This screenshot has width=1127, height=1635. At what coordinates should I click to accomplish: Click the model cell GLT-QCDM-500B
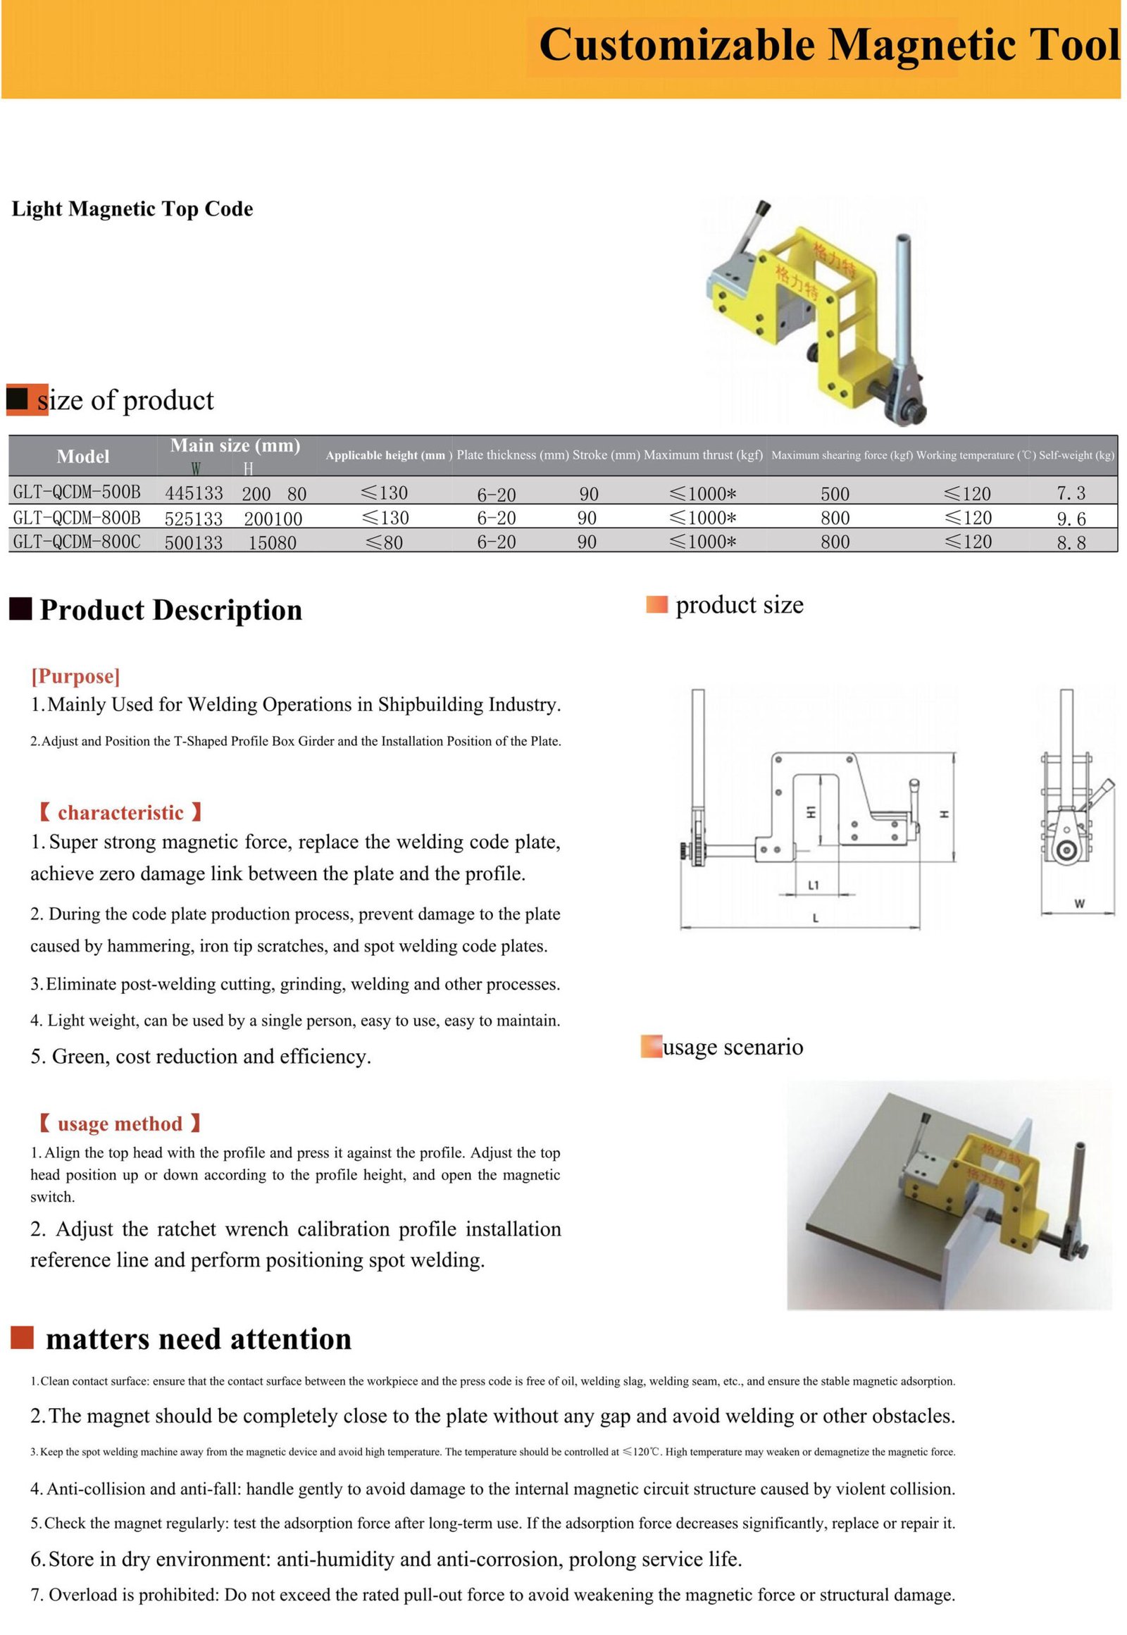tap(76, 492)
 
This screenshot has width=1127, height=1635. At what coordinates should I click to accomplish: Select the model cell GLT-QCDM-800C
tap(76, 542)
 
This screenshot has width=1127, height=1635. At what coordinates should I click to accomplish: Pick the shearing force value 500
tap(835, 494)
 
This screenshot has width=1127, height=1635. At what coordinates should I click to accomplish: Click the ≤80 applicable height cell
tap(384, 542)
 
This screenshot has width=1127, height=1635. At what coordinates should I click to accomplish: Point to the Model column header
tap(82, 456)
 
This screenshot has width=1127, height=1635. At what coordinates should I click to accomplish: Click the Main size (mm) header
tap(235, 446)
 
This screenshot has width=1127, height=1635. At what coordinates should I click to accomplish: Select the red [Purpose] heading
tap(75, 676)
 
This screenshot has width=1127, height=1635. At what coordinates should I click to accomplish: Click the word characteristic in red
tap(120, 812)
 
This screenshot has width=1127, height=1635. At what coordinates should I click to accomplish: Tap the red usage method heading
tap(120, 1123)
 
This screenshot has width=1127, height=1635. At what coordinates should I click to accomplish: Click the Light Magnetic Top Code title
tap(132, 209)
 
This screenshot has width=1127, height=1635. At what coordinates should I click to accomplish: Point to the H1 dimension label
tap(811, 812)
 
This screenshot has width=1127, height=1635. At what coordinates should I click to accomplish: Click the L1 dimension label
tap(814, 885)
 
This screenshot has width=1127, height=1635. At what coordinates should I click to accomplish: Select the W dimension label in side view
tap(1079, 903)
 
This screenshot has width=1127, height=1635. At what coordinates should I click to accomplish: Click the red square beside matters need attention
tap(22, 1338)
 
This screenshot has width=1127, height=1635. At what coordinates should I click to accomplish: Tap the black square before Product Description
tap(20, 608)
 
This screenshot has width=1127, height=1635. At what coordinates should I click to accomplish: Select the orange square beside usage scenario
tap(651, 1047)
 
